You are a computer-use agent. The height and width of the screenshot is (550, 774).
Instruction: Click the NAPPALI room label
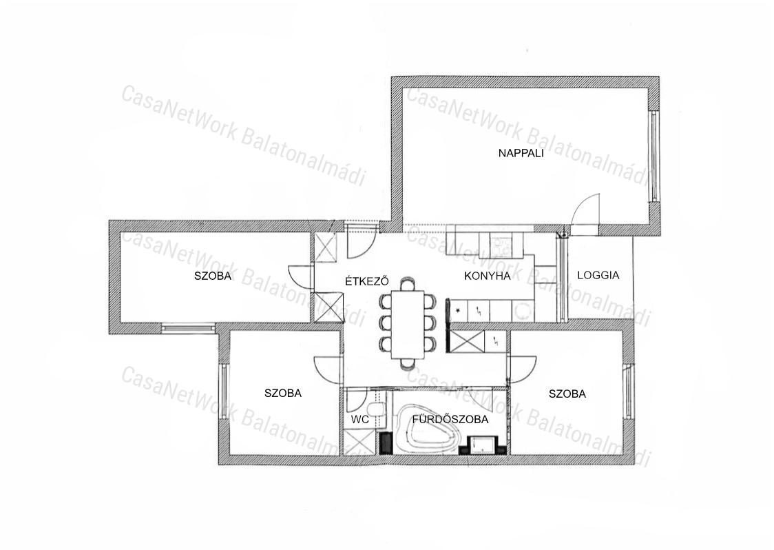[x=521, y=153]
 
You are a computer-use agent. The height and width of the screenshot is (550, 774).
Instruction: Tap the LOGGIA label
[x=598, y=275]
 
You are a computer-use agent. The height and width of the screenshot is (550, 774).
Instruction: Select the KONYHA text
[x=488, y=276]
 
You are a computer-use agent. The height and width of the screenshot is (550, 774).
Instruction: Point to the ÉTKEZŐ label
[x=367, y=281]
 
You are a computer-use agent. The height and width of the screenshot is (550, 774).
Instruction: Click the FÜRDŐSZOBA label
[x=450, y=420]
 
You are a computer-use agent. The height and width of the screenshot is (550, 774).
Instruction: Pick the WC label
[x=360, y=420]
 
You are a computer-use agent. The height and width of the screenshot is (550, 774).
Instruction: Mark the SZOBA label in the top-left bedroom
[x=213, y=276]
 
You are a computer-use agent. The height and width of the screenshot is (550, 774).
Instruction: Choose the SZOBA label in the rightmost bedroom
[x=567, y=394]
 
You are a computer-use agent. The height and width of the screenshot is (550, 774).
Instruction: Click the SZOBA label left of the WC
[x=283, y=394]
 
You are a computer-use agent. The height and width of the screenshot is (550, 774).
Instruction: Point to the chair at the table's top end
[x=408, y=284]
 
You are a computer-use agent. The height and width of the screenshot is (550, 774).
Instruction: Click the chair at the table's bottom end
[x=408, y=364]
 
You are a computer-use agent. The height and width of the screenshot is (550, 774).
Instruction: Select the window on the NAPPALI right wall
[x=654, y=156]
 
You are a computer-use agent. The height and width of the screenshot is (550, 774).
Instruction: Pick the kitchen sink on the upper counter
[x=501, y=243]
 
